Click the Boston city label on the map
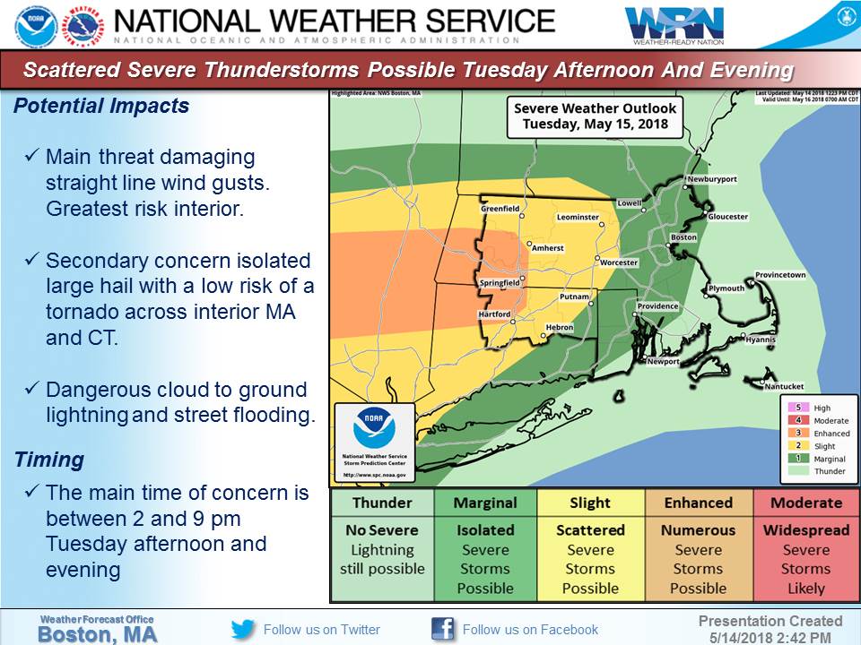[x=683, y=237]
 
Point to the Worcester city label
[x=619, y=262]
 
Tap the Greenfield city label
[x=500, y=209]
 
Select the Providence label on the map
[x=657, y=306]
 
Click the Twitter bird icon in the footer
[x=243, y=629]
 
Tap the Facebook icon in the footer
[x=442, y=629]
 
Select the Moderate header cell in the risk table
[x=805, y=503]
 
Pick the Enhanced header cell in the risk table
[x=698, y=503]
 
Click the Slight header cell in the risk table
[x=590, y=503]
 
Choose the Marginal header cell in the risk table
[x=484, y=503]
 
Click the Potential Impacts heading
[x=101, y=106]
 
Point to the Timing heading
[x=49, y=460]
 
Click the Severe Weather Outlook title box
[x=596, y=116]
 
